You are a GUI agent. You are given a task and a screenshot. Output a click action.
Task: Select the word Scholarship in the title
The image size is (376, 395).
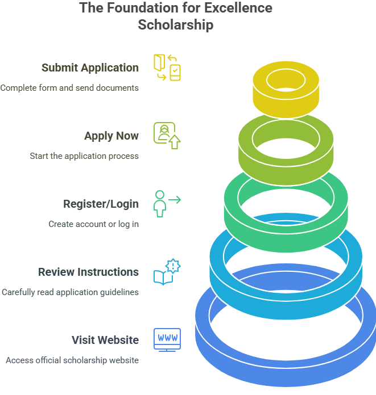coord(176,25)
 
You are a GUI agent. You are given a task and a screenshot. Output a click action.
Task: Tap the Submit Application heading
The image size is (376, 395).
coord(90,68)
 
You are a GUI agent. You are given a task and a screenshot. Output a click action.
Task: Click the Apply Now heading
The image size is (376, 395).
coord(111,136)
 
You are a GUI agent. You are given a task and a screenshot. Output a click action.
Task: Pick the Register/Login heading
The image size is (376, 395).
coord(101,204)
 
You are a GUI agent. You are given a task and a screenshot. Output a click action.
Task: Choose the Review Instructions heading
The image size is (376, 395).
coord(88,272)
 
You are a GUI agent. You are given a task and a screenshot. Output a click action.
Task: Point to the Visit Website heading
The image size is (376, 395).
coord(105,340)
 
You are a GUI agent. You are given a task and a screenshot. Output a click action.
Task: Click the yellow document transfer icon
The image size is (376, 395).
coord(167,68)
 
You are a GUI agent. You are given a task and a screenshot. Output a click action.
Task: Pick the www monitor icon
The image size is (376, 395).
coord(167,339)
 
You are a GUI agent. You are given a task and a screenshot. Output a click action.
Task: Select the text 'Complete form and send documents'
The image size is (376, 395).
coord(69,88)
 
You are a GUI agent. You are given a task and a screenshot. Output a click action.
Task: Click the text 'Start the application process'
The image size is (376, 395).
coord(84,156)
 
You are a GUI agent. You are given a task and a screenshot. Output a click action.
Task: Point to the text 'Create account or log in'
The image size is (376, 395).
coord(94,224)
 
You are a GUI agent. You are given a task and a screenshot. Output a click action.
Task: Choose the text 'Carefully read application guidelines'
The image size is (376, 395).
coord(70,292)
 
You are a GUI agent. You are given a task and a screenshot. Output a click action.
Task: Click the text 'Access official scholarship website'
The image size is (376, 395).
coord(72,360)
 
